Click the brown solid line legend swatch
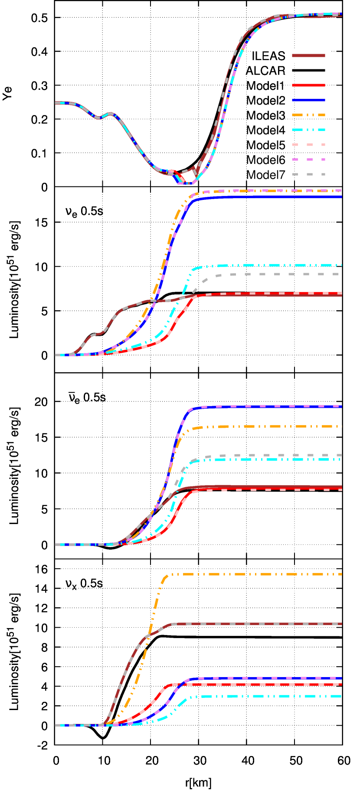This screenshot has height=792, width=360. pyautogui.click(x=308, y=55)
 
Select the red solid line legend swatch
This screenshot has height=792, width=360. pyautogui.click(x=308, y=85)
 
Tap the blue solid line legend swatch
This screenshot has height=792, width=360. pyautogui.click(x=308, y=100)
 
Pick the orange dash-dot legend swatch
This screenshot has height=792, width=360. pyautogui.click(x=308, y=115)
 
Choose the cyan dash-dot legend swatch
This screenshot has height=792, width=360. pyautogui.click(x=308, y=130)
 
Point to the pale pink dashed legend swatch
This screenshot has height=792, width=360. pyautogui.click(x=308, y=145)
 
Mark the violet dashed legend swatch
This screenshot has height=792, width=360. pyautogui.click(x=308, y=160)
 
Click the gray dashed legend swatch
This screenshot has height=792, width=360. pyautogui.click(x=308, y=175)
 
